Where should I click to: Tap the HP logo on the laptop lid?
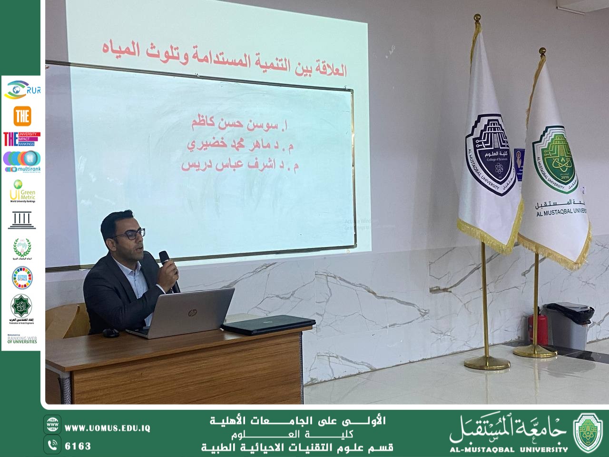[192, 313]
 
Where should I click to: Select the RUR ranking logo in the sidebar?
[22, 90]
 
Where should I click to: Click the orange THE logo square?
[22, 115]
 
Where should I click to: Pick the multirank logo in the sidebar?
[22, 161]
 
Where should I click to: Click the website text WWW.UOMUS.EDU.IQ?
[108, 428]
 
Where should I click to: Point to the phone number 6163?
[78, 446]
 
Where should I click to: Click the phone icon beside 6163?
[52, 446]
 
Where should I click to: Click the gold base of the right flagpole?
[535, 352]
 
